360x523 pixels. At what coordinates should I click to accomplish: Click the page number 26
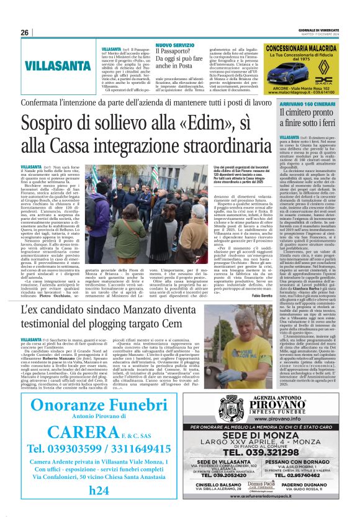click(x=25, y=32)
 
